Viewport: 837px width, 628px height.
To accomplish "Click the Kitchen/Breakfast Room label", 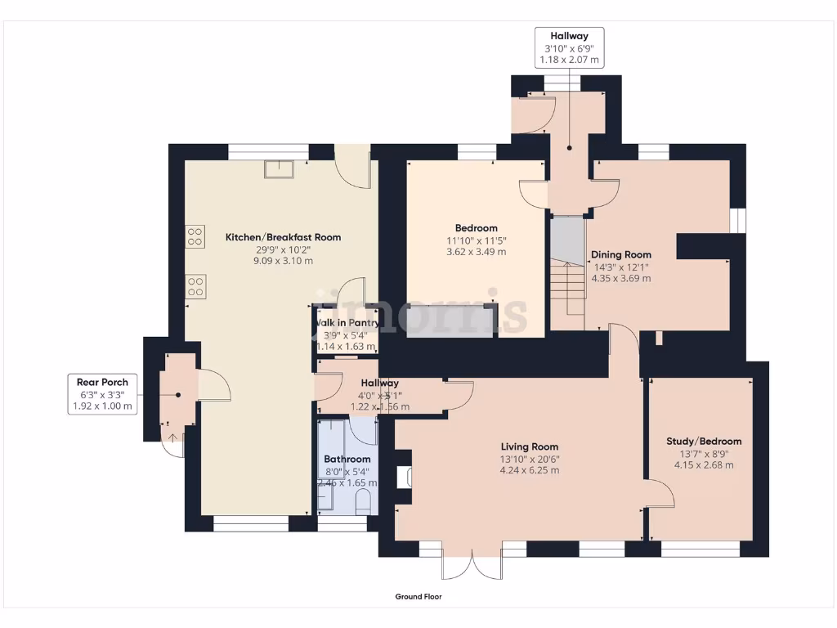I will click(x=283, y=237).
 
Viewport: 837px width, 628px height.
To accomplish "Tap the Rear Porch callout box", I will click(x=103, y=393).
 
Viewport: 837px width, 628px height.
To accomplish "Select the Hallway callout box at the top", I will click(x=569, y=47).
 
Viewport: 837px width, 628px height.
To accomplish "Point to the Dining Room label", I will click(x=621, y=254).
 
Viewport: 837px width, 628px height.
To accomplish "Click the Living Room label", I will click(x=530, y=446).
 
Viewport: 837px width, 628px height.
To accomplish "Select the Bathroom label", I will click(x=347, y=460).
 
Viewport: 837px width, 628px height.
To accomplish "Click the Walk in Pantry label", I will click(x=347, y=323).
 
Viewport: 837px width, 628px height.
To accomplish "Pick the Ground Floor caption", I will click(x=418, y=597).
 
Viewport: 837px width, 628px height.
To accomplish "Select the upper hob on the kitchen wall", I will click(x=195, y=237).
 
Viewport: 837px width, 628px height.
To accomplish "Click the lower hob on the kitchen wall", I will click(x=195, y=286).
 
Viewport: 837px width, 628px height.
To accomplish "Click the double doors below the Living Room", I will click(x=472, y=565).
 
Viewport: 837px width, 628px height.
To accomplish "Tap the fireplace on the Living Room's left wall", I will click(x=403, y=478).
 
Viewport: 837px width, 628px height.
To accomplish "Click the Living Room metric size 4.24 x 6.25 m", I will click(x=530, y=470).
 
